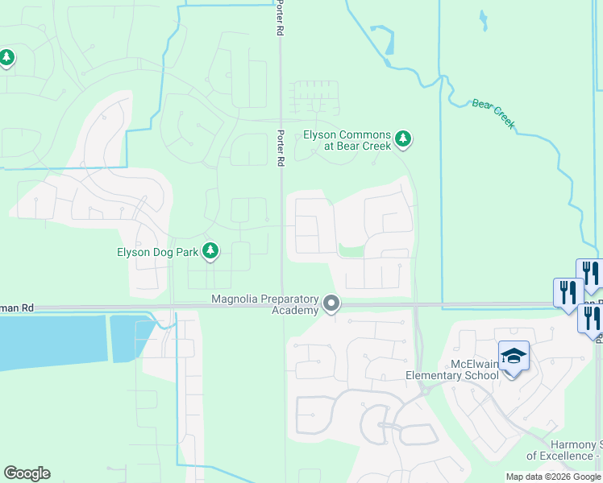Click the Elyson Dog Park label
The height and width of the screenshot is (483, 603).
[157, 252]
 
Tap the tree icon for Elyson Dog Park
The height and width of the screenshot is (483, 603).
[210, 251]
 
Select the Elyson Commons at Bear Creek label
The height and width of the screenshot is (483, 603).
[347, 141]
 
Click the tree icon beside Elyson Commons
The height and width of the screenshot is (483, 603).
[403, 139]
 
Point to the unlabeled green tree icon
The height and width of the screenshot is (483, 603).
[7, 58]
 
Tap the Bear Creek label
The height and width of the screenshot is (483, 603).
[493, 114]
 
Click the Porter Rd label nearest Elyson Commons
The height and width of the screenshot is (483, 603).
[281, 149]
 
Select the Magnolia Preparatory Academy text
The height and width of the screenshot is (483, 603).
[266, 305]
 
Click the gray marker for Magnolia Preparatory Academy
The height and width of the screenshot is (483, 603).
[331, 304]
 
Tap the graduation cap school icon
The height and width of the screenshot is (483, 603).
[513, 355]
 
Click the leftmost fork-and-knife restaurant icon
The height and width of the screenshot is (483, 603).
[568, 291]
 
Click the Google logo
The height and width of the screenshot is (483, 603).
[27, 473]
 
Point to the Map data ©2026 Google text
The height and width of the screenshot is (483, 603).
[553, 477]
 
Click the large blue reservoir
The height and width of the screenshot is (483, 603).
[52, 342]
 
